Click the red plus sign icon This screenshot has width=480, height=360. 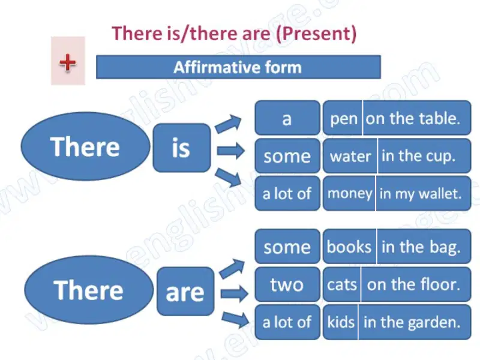pos(68,63)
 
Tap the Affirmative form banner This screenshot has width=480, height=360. pos(238,67)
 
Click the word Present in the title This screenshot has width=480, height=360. pos(316,33)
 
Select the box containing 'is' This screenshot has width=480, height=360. pos(182,148)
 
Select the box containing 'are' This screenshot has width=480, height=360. pos(185,291)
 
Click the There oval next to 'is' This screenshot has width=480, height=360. pos(85,146)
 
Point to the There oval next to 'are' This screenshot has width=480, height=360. pos(89,290)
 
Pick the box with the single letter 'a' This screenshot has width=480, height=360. pos(287,118)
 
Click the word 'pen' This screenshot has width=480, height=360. pos(344,119)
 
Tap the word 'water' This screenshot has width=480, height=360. pos(350,157)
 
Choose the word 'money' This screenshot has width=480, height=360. pos(350,194)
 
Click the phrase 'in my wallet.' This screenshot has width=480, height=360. pos(421,194)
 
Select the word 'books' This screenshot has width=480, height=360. pos(349,247)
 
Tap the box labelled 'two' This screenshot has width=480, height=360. pos(287,284)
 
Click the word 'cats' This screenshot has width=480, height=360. pos(342,284)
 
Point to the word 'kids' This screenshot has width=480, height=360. pos(341,322)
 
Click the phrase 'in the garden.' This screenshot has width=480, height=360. pos(412,323)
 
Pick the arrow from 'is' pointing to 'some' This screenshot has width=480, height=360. pos(231,151)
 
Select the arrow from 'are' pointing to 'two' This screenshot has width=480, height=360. pos(235,294)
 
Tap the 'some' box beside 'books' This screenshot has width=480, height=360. pos(287,247)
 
